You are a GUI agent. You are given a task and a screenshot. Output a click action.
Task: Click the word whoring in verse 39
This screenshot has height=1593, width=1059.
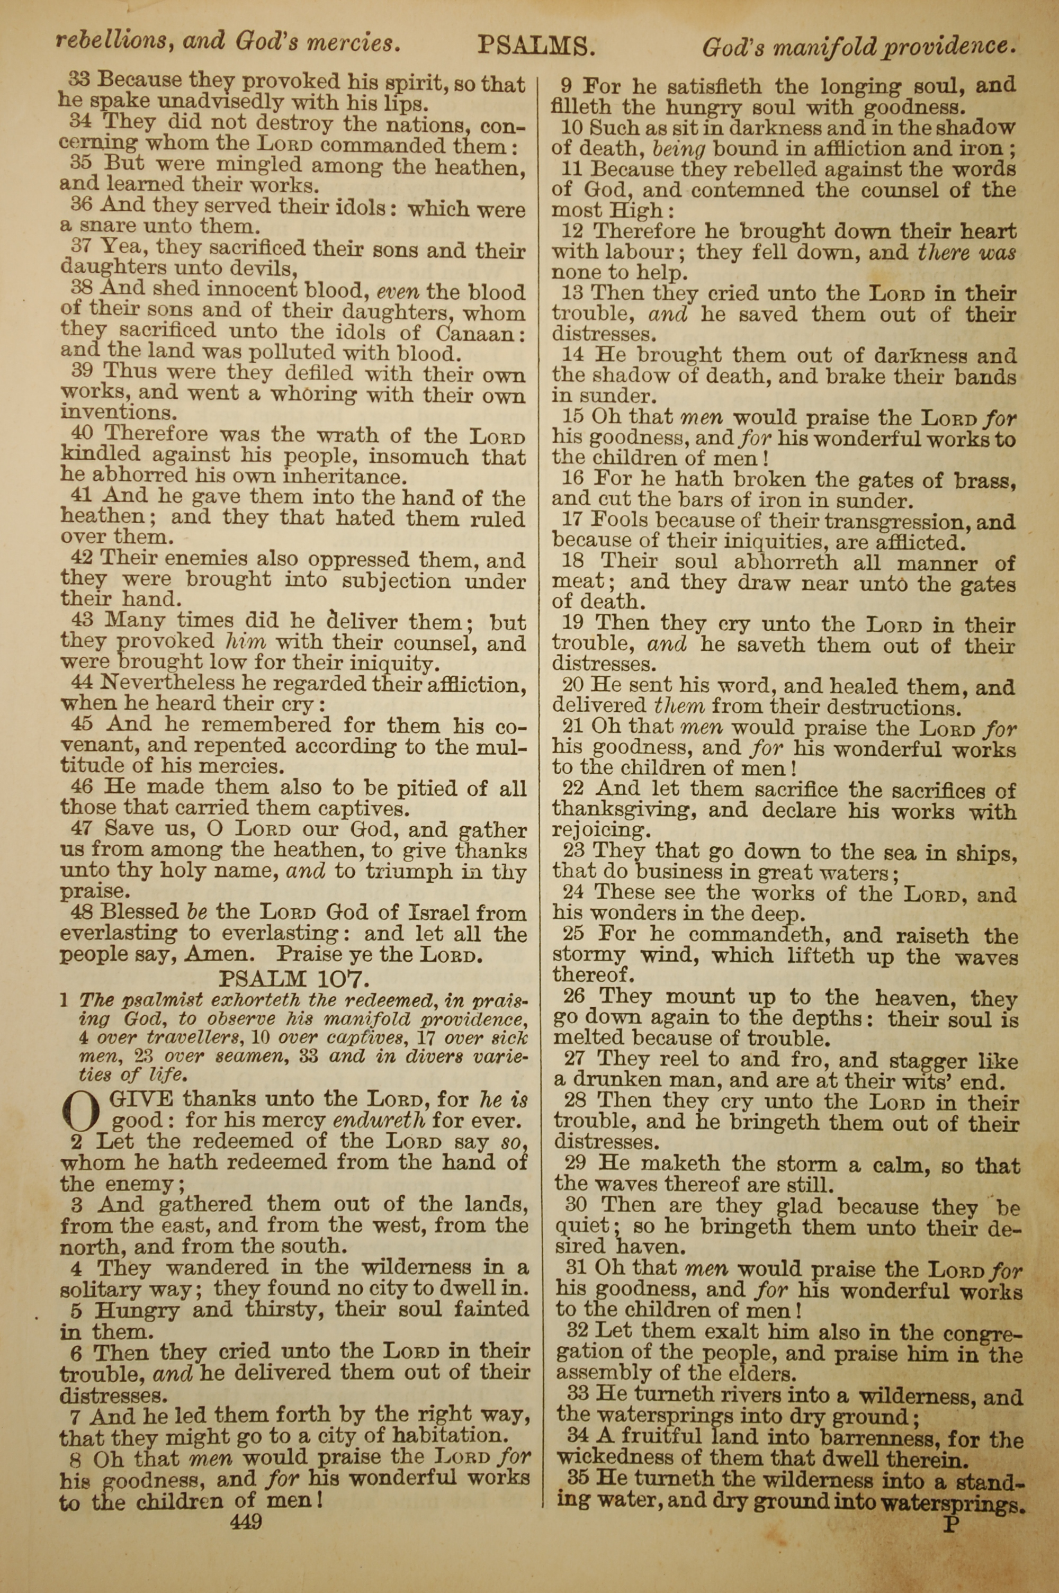point(313,393)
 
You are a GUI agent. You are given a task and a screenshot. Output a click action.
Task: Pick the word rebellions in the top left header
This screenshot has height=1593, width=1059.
point(111,42)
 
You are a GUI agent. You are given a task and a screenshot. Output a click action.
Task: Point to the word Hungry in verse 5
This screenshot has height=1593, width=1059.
point(137,1311)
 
